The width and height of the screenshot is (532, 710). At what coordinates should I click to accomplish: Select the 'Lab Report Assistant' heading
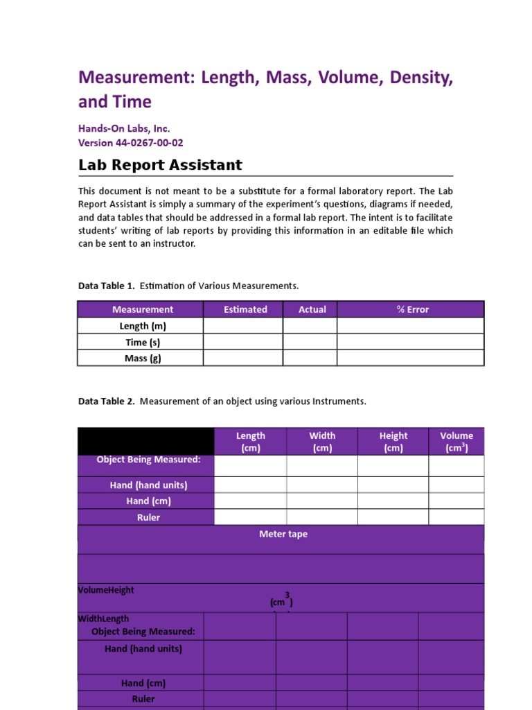(x=160, y=165)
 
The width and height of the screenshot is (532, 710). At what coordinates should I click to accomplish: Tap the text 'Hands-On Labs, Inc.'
(x=124, y=128)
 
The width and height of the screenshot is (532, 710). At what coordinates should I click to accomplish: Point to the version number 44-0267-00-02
(x=149, y=143)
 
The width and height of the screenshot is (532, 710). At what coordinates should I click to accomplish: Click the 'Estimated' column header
(x=245, y=309)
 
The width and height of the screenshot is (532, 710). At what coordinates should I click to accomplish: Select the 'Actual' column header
(x=312, y=309)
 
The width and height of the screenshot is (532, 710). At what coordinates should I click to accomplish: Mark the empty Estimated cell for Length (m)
(x=242, y=326)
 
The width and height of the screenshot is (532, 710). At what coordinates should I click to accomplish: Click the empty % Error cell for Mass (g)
(x=410, y=358)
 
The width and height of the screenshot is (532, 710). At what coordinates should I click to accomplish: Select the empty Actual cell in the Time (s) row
(x=310, y=342)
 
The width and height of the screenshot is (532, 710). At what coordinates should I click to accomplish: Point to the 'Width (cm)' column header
(x=322, y=442)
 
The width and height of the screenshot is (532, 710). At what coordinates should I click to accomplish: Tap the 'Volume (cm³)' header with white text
(x=456, y=442)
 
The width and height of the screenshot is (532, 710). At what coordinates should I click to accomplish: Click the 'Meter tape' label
(x=283, y=534)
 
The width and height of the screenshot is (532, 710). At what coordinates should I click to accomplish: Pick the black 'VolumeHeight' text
(x=106, y=590)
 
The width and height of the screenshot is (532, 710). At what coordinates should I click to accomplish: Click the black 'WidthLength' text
(x=103, y=618)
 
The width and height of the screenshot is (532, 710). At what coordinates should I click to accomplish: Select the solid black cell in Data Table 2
(x=146, y=441)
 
